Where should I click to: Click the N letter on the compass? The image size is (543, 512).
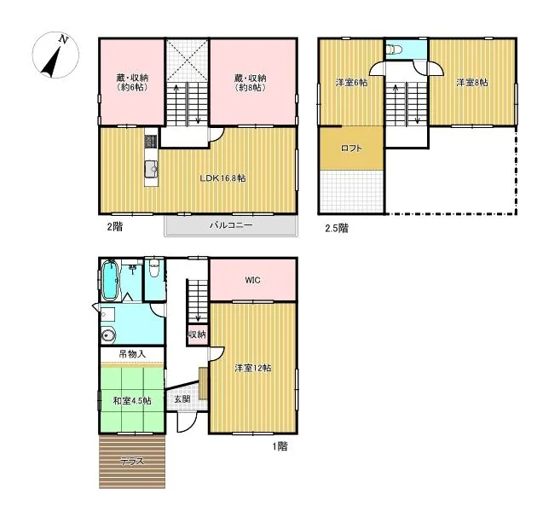pyautogui.click(x=63, y=39)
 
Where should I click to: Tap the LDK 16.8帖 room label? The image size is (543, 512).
pyautogui.click(x=222, y=178)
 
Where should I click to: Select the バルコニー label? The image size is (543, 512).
pyautogui.click(x=231, y=225)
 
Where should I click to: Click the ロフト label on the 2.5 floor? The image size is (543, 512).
pyautogui.click(x=351, y=148)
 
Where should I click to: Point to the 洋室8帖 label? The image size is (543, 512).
pyautogui.click(x=472, y=83)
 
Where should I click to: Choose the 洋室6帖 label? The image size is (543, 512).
pyautogui.click(x=351, y=83)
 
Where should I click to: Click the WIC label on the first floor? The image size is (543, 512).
pyautogui.click(x=252, y=280)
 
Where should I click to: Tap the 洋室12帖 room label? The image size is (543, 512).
pyautogui.click(x=253, y=368)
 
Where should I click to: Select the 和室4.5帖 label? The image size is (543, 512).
pyautogui.click(x=132, y=401)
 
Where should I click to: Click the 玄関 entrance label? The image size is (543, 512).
pyautogui.click(x=182, y=399)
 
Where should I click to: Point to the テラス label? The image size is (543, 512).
pyautogui.click(x=132, y=462)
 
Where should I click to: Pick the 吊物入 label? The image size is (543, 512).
pyautogui.click(x=132, y=354)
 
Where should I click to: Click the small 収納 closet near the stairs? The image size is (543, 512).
pyautogui.click(x=198, y=335)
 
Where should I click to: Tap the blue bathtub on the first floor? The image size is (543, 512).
pyautogui.click(x=110, y=280)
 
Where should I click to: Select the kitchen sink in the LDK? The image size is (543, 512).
pyautogui.click(x=151, y=170)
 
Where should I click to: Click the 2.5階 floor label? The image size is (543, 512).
pyautogui.click(x=337, y=228)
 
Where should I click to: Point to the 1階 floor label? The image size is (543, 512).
pyautogui.click(x=280, y=445)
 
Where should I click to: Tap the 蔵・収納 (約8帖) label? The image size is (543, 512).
pyautogui.click(x=251, y=83)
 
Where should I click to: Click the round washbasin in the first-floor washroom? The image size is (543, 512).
pyautogui.click(x=109, y=335)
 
